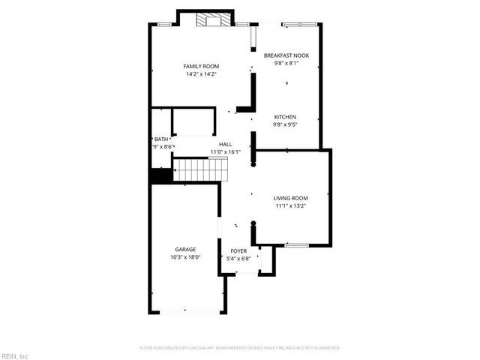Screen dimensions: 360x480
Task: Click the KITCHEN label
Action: point(285,117)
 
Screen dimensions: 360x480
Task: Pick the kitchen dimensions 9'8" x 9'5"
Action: point(285,124)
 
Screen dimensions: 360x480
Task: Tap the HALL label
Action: point(225,144)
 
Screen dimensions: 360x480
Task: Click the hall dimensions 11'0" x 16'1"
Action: point(225,151)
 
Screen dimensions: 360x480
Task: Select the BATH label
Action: point(161,139)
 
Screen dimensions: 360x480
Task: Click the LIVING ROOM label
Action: point(291,198)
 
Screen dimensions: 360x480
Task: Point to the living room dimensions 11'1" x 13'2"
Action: point(291,205)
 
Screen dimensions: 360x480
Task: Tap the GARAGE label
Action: point(185,250)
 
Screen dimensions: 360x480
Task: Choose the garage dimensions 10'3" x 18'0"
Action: point(185,257)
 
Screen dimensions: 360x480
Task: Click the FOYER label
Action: point(238,251)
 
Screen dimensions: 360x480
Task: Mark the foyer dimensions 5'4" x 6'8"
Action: point(238,259)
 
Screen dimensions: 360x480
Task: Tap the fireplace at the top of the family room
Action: point(208,20)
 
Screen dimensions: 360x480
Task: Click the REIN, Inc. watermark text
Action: point(15,355)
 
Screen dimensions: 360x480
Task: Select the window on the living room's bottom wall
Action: point(296,244)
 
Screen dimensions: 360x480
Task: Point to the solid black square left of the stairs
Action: point(159,175)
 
